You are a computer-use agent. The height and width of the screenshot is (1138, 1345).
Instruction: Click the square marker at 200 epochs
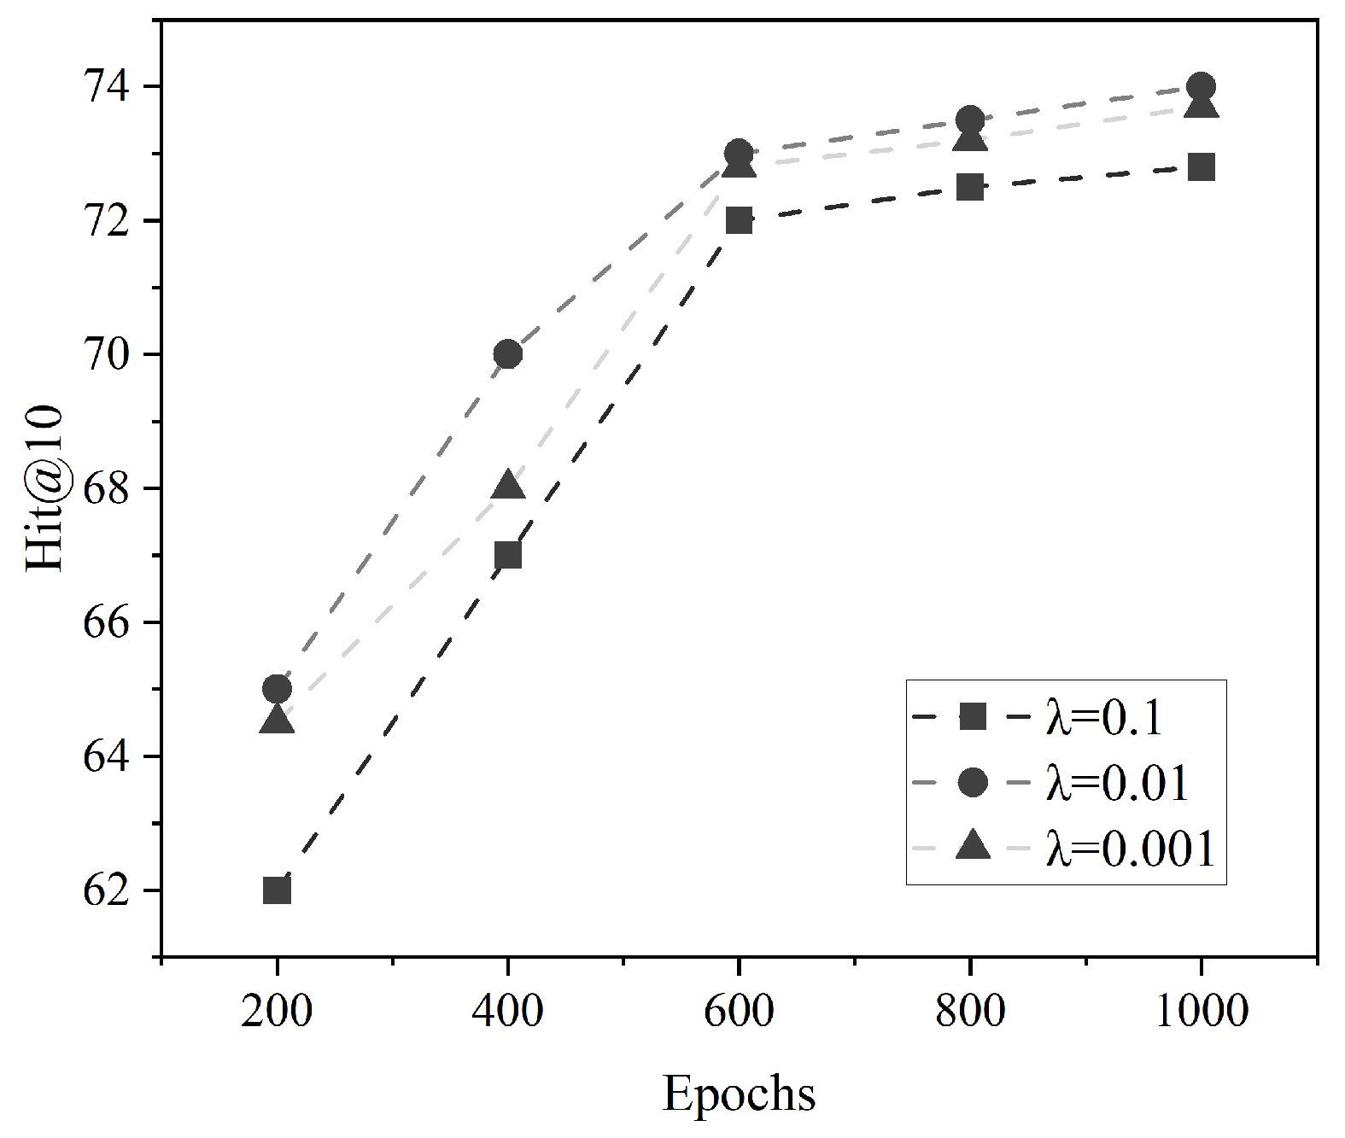(x=277, y=890)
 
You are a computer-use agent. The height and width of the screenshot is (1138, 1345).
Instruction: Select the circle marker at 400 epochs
(x=508, y=353)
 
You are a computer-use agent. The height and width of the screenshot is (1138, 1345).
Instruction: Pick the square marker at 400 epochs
(x=508, y=555)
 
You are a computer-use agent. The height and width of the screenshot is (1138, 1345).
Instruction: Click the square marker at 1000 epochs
(x=1201, y=167)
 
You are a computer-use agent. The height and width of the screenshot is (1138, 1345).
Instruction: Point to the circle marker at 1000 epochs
(x=1201, y=86)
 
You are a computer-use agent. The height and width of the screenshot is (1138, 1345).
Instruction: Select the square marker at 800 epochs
(x=970, y=187)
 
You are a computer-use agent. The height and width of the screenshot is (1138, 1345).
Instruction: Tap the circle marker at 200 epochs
(x=277, y=688)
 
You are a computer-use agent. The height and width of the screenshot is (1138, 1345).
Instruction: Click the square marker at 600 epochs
(x=739, y=220)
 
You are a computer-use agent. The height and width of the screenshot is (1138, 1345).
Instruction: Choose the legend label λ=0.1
(x=1104, y=717)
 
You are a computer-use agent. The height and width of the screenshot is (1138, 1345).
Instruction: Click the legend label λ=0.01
(x=1117, y=783)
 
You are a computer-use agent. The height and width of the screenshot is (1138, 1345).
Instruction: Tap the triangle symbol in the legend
(x=973, y=846)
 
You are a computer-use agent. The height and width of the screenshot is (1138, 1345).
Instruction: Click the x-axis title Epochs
(x=739, y=1094)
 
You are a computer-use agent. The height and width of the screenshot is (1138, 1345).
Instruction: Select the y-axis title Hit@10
(x=44, y=488)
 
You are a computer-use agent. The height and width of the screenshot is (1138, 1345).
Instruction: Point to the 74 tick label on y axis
(x=106, y=86)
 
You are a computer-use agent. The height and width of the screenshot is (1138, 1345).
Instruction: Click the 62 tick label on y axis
(x=106, y=890)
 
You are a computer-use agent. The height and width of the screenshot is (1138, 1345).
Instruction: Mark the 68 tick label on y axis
(x=106, y=488)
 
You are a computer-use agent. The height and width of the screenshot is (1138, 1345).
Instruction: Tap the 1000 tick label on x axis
(x=1201, y=1011)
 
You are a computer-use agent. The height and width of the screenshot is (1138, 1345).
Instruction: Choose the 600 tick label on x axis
(x=739, y=1011)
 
